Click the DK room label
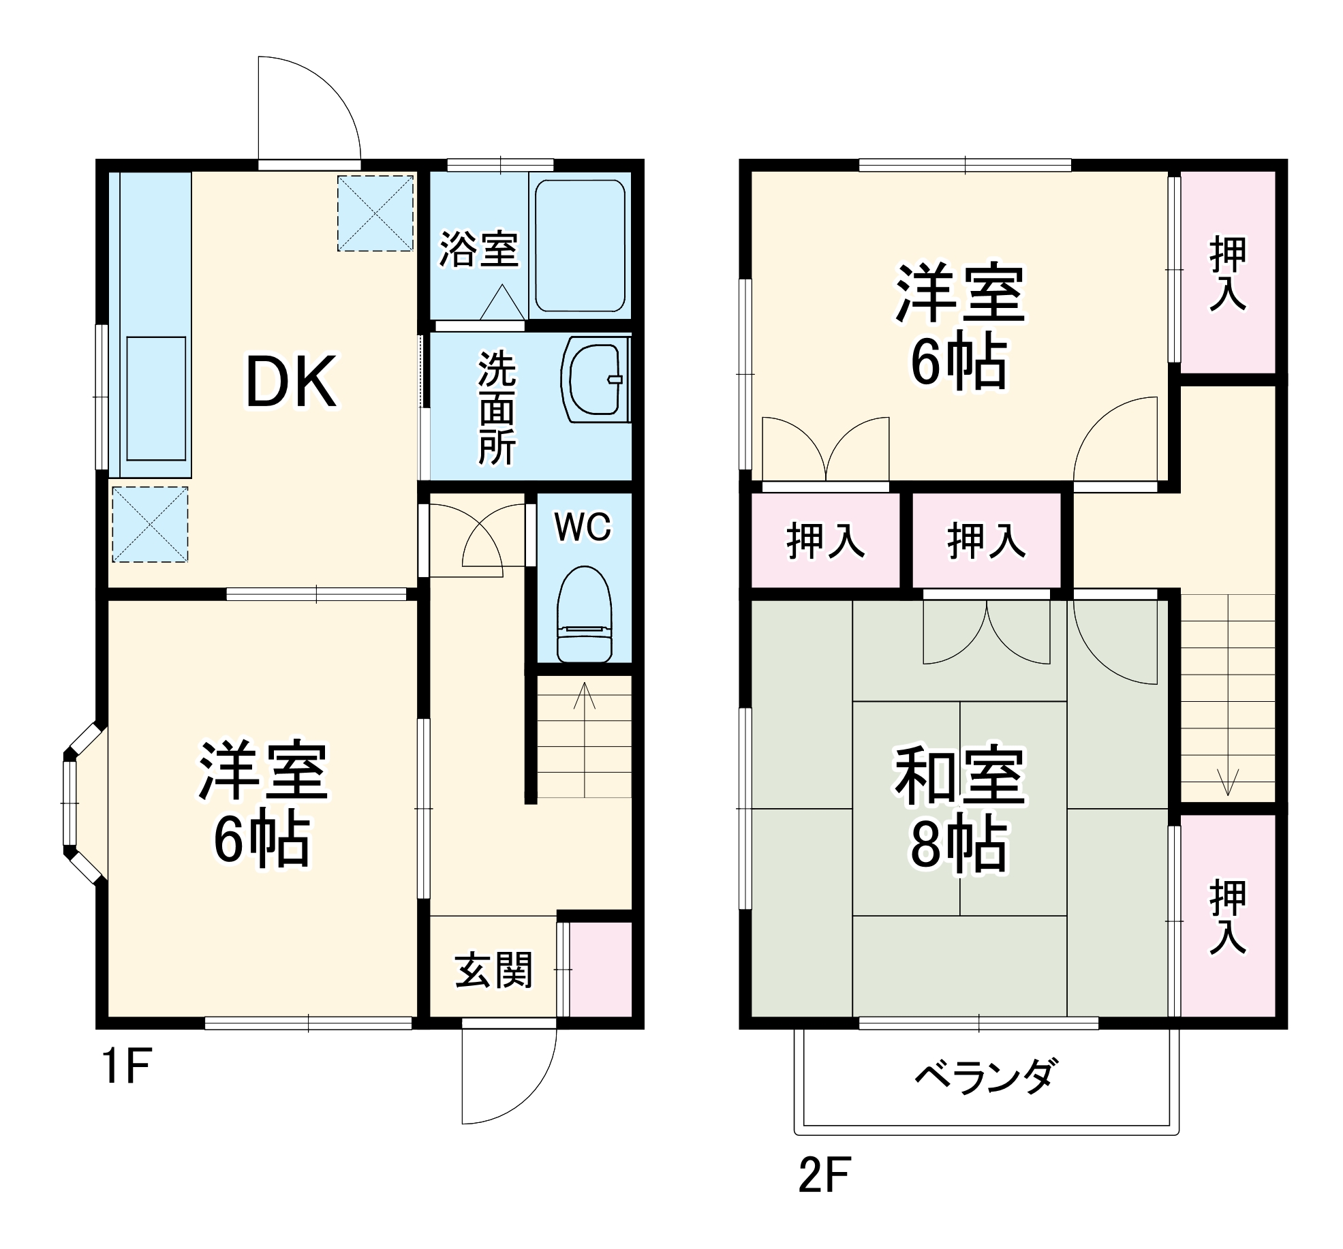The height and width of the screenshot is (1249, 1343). pyautogui.click(x=290, y=382)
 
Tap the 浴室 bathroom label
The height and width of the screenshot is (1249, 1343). pyautogui.click(x=478, y=249)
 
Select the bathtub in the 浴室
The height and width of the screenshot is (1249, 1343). pyautogui.click(x=580, y=246)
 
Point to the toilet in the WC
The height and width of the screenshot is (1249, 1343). pyautogui.click(x=584, y=615)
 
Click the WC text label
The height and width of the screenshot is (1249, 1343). pyautogui.click(x=583, y=527)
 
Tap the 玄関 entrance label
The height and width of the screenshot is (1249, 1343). pyautogui.click(x=493, y=970)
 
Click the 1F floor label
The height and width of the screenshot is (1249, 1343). pyautogui.click(x=126, y=1066)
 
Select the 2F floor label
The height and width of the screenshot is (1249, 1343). pyautogui.click(x=824, y=1175)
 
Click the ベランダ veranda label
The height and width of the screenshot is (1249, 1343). pyautogui.click(x=986, y=1077)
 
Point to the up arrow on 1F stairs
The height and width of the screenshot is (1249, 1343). pyautogui.click(x=585, y=695)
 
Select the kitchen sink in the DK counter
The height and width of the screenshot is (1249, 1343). pyautogui.click(x=156, y=399)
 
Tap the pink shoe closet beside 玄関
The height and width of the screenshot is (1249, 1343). pyautogui.click(x=600, y=970)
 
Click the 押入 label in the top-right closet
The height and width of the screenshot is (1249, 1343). pyautogui.click(x=1228, y=273)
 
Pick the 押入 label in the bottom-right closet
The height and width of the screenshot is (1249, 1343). pyautogui.click(x=1228, y=916)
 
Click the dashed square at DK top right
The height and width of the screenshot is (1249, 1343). pyautogui.click(x=375, y=213)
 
